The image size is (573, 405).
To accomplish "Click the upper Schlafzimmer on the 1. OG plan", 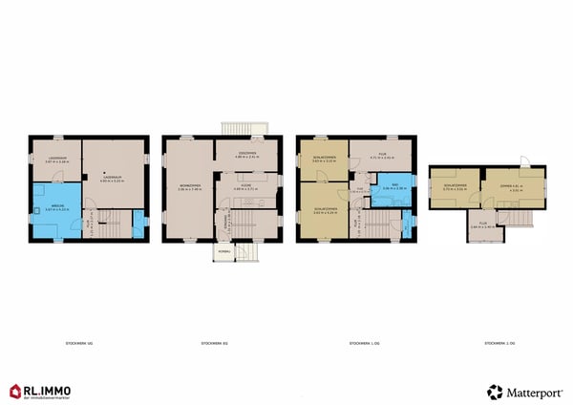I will coord(322,160).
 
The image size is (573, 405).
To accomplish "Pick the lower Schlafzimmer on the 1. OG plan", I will coord(322,210).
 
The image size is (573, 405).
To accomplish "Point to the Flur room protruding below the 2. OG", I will coord(487,226).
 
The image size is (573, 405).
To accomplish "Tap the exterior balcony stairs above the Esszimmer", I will coord(235,129).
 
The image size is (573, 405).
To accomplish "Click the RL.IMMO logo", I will coord(42,391).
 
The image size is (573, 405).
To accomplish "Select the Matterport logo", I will coord(524,392).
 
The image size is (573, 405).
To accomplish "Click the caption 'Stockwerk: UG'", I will coord(80,341).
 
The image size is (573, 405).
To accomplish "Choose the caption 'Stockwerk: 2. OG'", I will coord(500,341).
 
